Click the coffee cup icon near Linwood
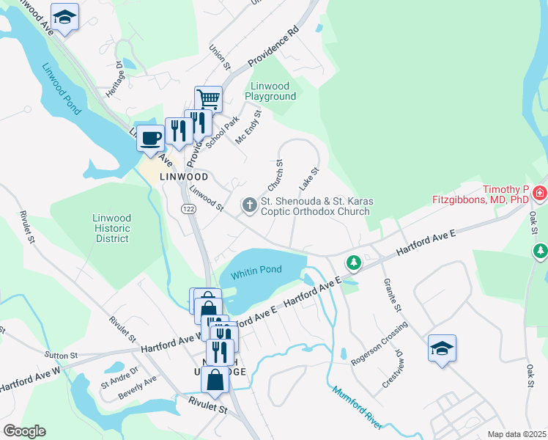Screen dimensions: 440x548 point(151,137)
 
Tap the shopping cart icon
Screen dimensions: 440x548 point(208,98)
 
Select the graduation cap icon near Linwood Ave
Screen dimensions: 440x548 point(65,17)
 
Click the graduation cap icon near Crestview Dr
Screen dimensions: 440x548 point(442,348)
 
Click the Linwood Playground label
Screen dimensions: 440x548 point(270,91)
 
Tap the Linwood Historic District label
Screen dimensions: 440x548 point(111,228)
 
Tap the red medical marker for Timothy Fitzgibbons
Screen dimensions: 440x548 point(540,194)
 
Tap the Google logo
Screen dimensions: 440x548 point(24,431)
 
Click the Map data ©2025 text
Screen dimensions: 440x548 point(516,434)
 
